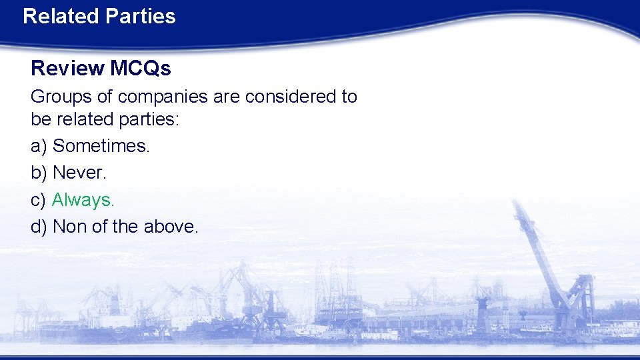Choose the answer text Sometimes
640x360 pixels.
pyautogui.click(x=101, y=146)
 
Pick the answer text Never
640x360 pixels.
pyautogui.click(x=79, y=173)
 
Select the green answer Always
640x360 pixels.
pyautogui.click(x=83, y=200)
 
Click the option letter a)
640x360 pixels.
pyautogui.click(x=39, y=146)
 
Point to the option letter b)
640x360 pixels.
pyautogui.click(x=39, y=173)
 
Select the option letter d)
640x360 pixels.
pyautogui.click(x=39, y=227)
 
